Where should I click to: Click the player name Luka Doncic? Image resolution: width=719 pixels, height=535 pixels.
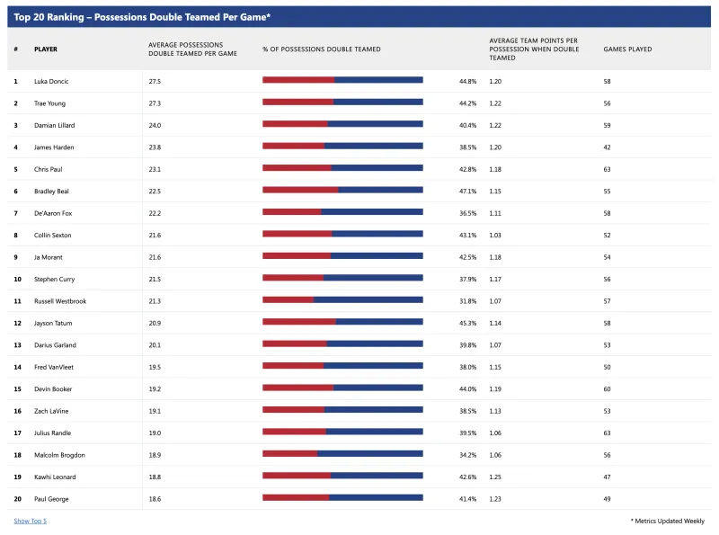(x=51, y=81)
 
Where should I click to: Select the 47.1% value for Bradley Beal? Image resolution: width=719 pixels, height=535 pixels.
(x=467, y=192)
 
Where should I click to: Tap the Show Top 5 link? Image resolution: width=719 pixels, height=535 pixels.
(x=31, y=521)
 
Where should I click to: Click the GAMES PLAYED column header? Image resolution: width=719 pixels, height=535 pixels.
(x=627, y=49)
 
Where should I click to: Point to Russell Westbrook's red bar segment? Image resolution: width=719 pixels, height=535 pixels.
(x=288, y=300)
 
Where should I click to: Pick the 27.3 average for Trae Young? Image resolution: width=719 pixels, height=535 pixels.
(x=155, y=103)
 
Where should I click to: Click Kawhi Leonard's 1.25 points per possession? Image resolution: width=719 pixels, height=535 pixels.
(x=495, y=477)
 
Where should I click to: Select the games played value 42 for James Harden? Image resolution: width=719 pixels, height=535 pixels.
(x=608, y=147)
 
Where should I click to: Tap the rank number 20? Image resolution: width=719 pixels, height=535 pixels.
(x=17, y=499)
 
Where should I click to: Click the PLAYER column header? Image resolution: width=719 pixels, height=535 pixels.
(x=46, y=49)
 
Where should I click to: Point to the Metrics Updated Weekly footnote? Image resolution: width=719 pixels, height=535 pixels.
(x=668, y=521)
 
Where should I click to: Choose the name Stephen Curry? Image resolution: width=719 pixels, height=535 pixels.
(x=54, y=279)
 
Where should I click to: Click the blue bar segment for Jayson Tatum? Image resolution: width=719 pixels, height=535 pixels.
(x=379, y=322)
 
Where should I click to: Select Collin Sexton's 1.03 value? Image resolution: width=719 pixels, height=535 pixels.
(x=495, y=236)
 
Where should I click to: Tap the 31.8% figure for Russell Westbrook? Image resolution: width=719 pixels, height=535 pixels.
(x=467, y=301)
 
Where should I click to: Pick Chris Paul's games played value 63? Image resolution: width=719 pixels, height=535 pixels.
(x=608, y=169)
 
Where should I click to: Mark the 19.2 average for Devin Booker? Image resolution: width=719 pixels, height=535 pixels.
(x=155, y=389)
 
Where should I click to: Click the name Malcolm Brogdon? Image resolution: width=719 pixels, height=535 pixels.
(x=59, y=455)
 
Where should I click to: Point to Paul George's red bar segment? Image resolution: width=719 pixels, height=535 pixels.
(x=296, y=497)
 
